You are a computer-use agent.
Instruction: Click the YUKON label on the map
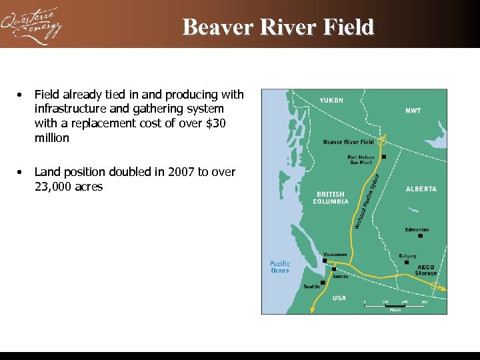coord(331,100)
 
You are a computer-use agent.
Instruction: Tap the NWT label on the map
coord(413,111)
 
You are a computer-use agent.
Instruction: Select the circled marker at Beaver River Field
coord(382,141)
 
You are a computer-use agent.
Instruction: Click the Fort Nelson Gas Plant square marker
coord(383,157)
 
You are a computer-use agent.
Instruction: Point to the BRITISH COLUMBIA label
coord(331,198)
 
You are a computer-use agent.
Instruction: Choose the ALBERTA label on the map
coord(421,189)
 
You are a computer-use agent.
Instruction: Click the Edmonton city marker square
coord(420,235)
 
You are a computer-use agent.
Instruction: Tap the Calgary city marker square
coord(407,262)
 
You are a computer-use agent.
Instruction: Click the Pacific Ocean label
coord(280,267)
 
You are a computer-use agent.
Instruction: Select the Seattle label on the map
coord(312,287)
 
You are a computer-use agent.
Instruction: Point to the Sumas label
coord(340,276)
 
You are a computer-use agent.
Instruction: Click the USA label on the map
coord(339,298)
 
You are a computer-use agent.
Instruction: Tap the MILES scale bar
coord(395,306)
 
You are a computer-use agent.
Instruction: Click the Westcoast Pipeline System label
coord(367,200)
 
